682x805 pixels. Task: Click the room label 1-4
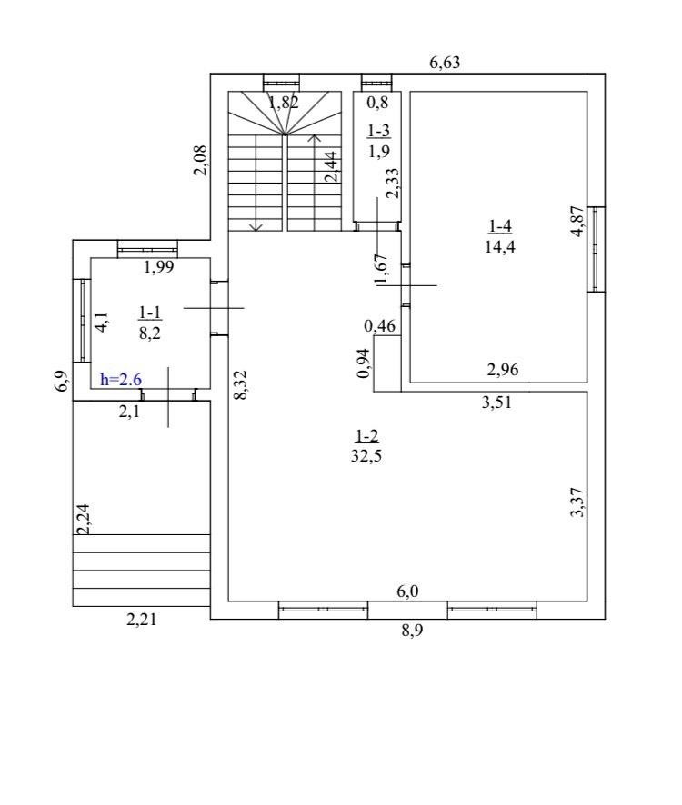pyautogui.click(x=499, y=226)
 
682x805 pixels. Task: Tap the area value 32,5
pyautogui.click(x=366, y=456)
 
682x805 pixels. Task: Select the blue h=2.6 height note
pyautogui.click(x=121, y=380)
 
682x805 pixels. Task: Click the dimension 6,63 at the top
pyautogui.click(x=445, y=63)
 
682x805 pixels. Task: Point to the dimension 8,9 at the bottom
pyautogui.click(x=412, y=630)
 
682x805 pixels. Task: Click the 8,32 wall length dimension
pyautogui.click(x=241, y=384)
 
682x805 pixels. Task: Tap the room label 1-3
pyautogui.click(x=379, y=132)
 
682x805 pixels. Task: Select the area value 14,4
pyautogui.click(x=499, y=247)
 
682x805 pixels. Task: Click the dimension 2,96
pyautogui.click(x=503, y=369)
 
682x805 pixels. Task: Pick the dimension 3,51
pyautogui.click(x=497, y=402)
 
